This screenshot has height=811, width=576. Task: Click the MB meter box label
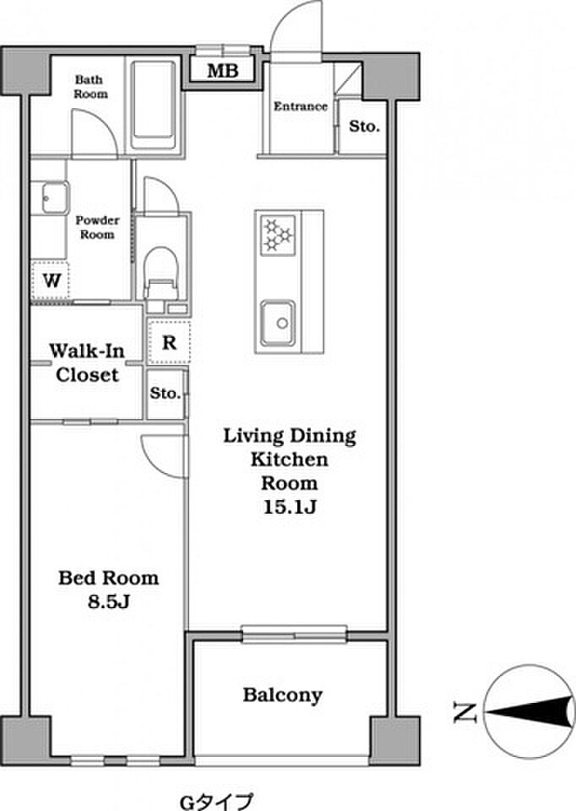click(223, 70)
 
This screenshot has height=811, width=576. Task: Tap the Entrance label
click(301, 106)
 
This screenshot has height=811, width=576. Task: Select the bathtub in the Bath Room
click(153, 105)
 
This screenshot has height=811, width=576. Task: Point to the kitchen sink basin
click(278, 323)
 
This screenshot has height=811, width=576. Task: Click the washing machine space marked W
click(51, 280)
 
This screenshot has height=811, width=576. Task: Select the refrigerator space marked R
click(169, 342)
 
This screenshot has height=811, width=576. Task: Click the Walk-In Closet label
click(87, 363)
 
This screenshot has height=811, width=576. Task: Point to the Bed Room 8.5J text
click(109, 590)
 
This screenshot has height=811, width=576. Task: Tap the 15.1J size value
click(290, 507)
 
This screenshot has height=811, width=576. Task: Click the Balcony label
click(283, 695)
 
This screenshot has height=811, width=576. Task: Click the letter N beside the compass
click(464, 712)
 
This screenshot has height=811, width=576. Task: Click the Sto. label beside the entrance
click(365, 126)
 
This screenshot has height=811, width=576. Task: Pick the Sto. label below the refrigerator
click(166, 393)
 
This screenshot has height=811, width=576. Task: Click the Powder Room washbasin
click(50, 198)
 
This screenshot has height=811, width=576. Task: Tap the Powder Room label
click(97, 227)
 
